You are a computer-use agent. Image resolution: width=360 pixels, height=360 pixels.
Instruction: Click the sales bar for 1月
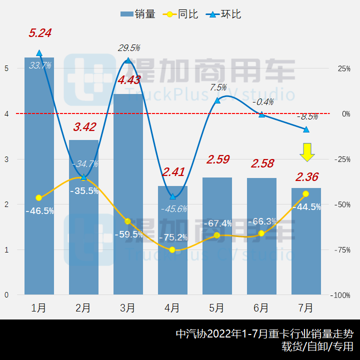point(39,175)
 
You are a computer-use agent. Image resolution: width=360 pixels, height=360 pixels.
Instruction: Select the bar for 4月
point(172,240)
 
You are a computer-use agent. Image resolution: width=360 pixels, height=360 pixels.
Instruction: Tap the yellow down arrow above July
point(307,152)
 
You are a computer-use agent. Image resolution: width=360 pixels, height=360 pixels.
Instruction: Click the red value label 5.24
point(40,33)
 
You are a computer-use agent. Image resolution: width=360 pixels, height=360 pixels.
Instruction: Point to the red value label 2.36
point(307,177)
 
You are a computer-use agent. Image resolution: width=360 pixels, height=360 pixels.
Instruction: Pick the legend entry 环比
point(224,14)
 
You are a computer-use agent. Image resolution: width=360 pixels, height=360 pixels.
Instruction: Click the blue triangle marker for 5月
point(217,100)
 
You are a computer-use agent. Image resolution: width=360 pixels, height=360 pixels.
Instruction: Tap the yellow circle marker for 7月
point(306,193)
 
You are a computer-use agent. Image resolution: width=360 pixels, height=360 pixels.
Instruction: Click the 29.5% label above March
point(129,48)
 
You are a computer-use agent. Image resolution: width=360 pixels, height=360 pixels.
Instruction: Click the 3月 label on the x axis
point(128,307)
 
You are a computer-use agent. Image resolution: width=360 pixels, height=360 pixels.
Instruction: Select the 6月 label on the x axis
point(261,307)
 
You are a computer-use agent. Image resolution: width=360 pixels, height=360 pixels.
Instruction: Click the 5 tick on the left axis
point(6,68)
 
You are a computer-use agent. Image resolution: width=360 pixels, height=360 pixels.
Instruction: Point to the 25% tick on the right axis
point(343,68)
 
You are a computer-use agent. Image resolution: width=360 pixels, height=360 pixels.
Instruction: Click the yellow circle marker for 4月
point(172,249)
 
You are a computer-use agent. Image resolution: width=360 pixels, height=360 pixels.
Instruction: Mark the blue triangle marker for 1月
point(39,52)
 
